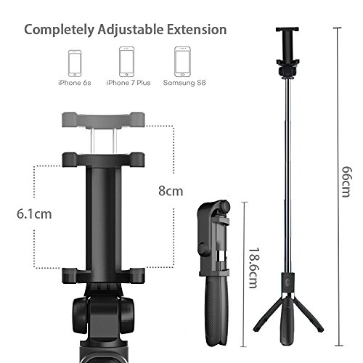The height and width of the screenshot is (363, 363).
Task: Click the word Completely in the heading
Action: pyautogui.click(x=60, y=30)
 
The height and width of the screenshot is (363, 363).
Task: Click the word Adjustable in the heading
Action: pyautogui.click(x=131, y=30)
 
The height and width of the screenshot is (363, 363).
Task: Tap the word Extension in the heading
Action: pyautogui.click(x=197, y=30)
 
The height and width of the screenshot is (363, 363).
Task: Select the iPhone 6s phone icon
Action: pyautogui.click(x=75, y=63)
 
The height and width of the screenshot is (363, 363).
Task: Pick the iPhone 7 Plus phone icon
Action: pyautogui.click(x=126, y=62)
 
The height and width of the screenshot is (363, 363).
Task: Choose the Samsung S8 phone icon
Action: pyautogui.click(x=182, y=62)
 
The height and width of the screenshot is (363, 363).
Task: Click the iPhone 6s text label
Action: pyautogui.click(x=75, y=83)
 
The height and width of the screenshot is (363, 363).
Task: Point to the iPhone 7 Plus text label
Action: pyautogui.click(x=129, y=83)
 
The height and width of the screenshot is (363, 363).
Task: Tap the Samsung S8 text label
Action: pyautogui.click(x=184, y=83)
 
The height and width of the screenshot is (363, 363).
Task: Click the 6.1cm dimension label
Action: pyautogui.click(x=34, y=214)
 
